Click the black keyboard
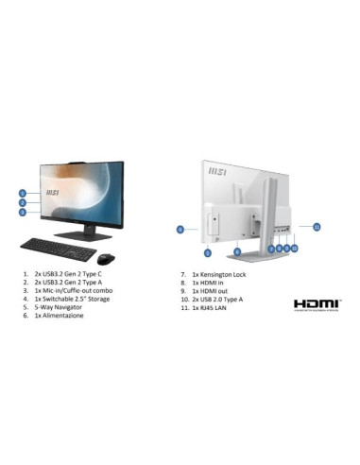[57, 250]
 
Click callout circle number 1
[22, 193]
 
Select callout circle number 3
[22, 213]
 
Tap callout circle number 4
[180, 229]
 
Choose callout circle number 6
[237, 251]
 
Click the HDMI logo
[316, 304]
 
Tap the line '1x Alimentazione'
[62, 316]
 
